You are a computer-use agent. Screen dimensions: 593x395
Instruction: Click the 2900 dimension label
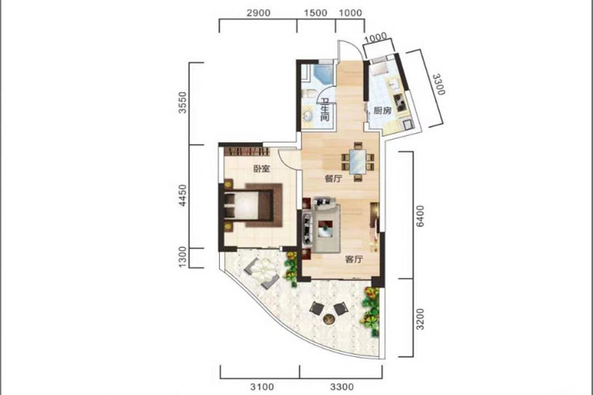pos(259,13)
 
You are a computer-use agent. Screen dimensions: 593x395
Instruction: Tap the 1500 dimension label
pos(315,13)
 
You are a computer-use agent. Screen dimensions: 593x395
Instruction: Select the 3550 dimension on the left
pos(183,102)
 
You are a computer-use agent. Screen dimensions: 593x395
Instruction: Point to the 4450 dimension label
pos(183,195)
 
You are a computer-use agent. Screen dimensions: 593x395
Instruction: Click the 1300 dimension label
pos(183,258)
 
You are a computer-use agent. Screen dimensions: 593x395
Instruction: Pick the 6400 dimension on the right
pos(420,216)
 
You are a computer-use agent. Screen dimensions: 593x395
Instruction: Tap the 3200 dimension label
pos(420,319)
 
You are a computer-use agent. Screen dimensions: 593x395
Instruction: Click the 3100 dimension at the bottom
pos(262,386)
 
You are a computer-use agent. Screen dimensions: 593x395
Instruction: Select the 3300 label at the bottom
pos(342,386)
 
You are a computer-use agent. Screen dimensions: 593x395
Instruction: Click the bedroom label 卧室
pos(262,168)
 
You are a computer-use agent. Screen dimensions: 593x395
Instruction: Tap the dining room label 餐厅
pos(333,179)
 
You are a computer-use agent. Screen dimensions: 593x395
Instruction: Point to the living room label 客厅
pos(354,259)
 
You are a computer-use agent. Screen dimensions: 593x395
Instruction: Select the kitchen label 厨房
pos(383,111)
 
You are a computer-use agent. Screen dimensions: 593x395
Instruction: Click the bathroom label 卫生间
pos(325,110)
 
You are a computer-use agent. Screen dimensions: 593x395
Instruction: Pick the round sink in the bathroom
pos(307,115)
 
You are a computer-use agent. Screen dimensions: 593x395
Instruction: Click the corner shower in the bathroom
pos(323,74)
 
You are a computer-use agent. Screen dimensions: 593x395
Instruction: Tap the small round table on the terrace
pos(329,319)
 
